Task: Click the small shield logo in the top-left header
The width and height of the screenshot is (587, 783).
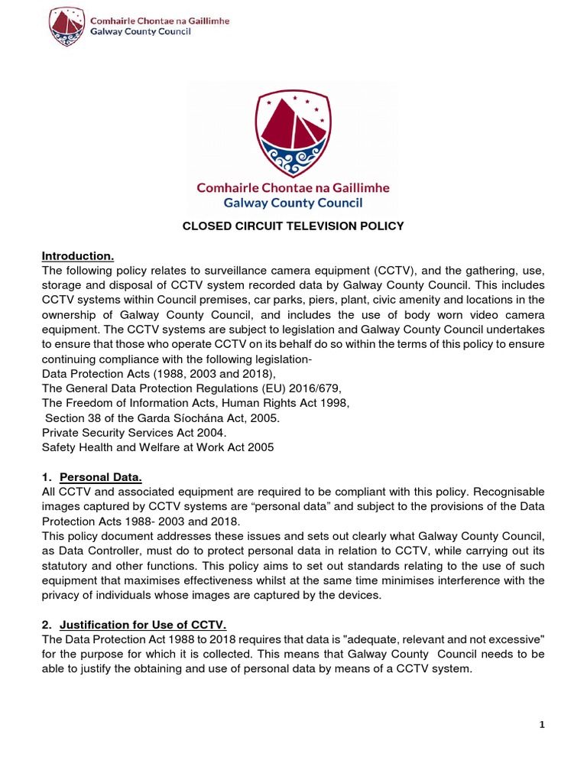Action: point(66,27)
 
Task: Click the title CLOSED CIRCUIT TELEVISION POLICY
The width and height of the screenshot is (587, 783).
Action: point(292,226)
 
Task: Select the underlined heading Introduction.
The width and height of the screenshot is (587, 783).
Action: point(77,255)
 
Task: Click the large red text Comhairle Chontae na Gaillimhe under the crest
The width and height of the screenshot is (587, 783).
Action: point(293,187)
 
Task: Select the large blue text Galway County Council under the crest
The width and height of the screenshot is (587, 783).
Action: point(293,203)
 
